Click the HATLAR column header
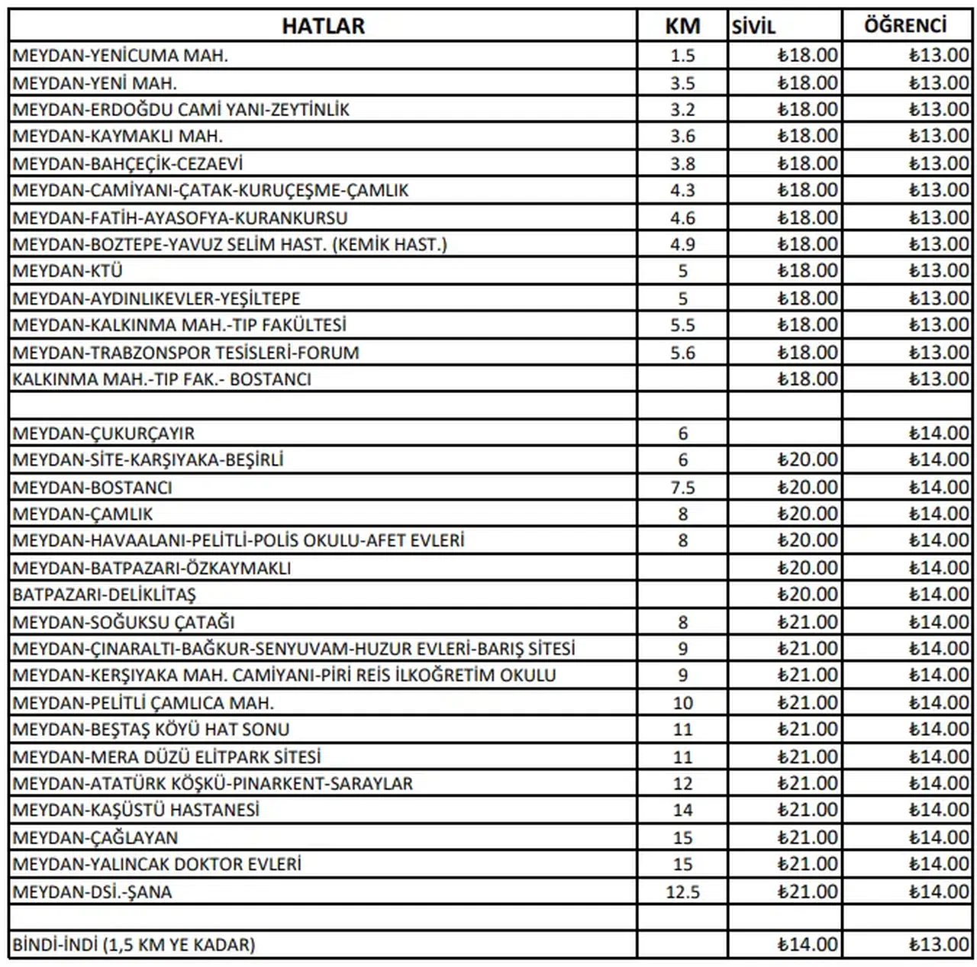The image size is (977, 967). (x=323, y=26)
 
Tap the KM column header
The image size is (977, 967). (x=682, y=26)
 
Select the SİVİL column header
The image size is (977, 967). (x=753, y=27)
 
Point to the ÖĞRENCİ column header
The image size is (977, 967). (x=905, y=26)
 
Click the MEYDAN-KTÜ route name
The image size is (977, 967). (x=68, y=271)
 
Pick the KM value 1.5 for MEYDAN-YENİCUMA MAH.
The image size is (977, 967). (x=682, y=56)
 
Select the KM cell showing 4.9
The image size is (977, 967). (x=682, y=244)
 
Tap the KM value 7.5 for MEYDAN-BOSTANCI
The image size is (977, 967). (x=682, y=488)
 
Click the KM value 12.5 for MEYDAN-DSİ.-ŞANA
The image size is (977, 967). (x=682, y=892)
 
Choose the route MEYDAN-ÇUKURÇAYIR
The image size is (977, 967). (x=104, y=434)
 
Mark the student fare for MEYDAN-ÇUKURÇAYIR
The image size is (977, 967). (x=938, y=434)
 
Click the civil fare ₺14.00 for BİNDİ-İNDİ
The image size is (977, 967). (x=807, y=945)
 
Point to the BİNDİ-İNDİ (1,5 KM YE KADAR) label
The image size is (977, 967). (x=134, y=945)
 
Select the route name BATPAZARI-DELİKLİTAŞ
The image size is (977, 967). (x=105, y=595)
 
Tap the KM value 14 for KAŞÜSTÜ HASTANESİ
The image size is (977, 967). (x=682, y=811)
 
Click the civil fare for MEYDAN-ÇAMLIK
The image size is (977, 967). (x=807, y=514)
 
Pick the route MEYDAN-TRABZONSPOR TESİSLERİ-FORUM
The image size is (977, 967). (x=185, y=353)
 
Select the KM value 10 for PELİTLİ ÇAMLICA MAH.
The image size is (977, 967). (x=682, y=703)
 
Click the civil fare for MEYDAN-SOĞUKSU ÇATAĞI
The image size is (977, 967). (x=807, y=622)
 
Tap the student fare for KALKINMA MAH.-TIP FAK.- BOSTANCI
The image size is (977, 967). (x=938, y=379)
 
